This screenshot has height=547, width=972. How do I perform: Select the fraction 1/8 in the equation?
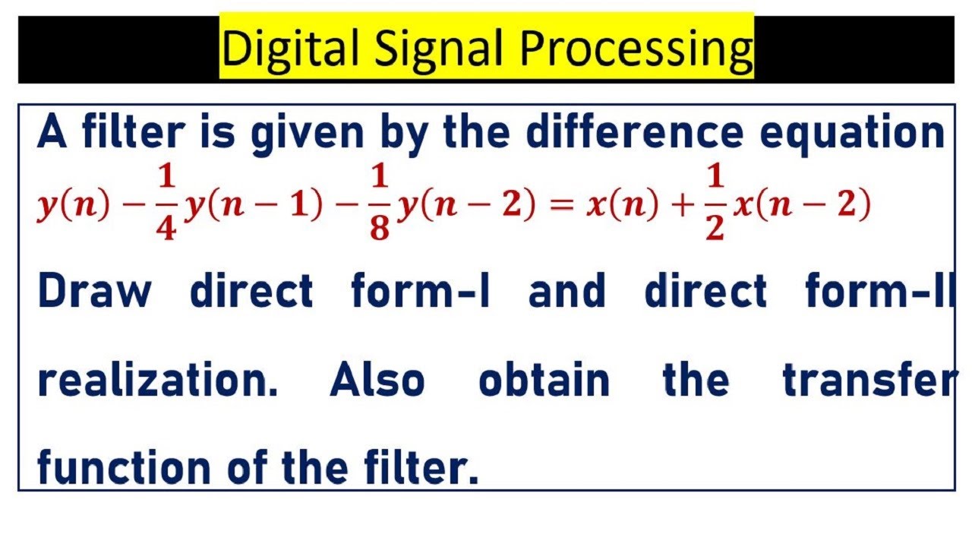click(380, 204)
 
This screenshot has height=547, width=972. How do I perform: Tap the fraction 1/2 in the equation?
click(715, 204)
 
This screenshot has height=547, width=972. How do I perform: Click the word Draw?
click(94, 292)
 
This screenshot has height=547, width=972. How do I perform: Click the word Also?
click(377, 380)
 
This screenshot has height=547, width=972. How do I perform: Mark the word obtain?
click(544, 380)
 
